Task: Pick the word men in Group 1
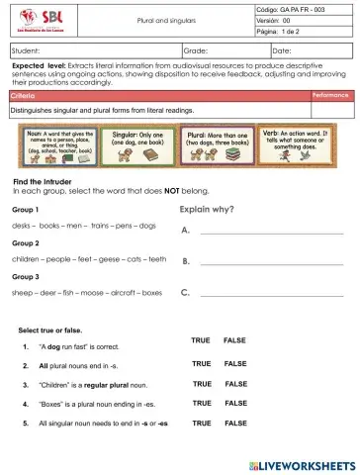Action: coord(71,226)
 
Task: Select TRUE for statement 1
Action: coord(201,341)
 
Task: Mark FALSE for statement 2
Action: coord(235,364)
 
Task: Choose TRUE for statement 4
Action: coord(202,403)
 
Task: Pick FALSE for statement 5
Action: coord(235,423)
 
